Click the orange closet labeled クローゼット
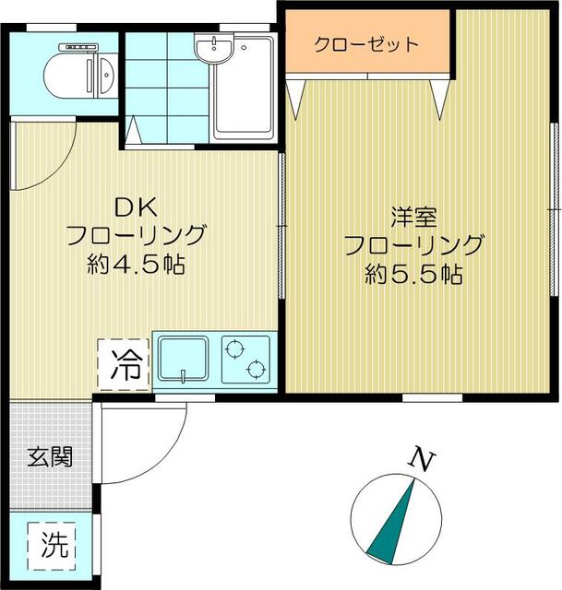(x=366, y=43)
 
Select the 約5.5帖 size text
(x=413, y=275)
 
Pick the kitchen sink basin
(x=184, y=359)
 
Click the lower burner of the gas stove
(x=254, y=371)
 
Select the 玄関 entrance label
(x=49, y=455)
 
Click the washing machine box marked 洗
(x=54, y=546)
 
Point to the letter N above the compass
(x=421, y=457)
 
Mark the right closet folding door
(x=440, y=97)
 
